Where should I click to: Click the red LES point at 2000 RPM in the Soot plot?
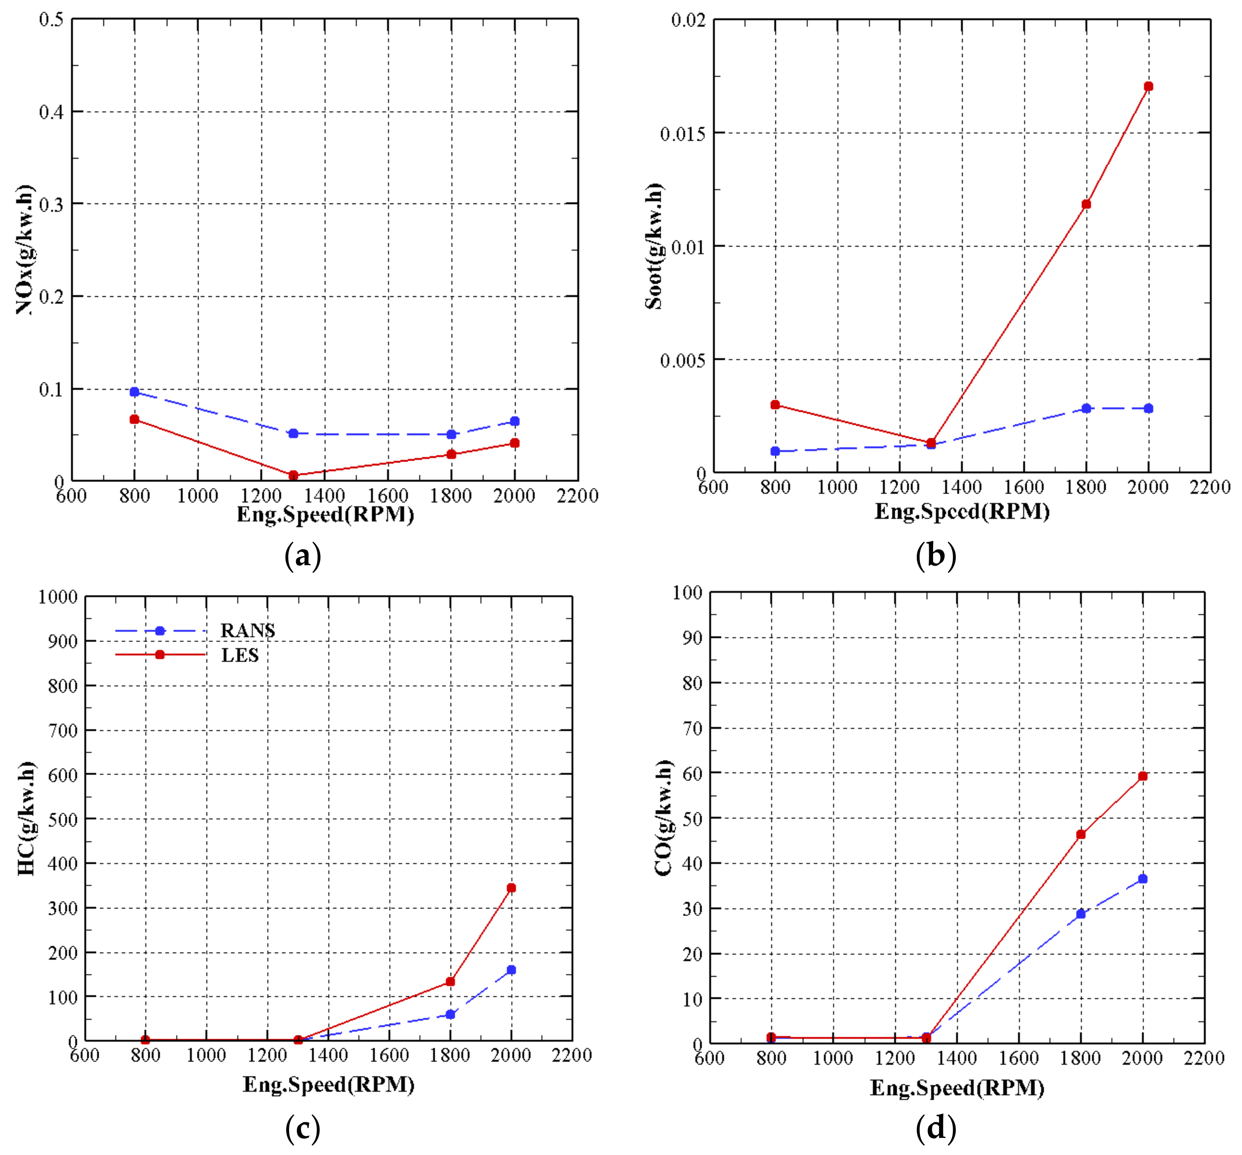[1148, 86]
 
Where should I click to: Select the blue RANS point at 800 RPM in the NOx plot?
[134, 392]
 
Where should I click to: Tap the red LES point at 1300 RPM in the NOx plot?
[293, 475]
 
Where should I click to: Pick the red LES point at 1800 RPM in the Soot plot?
[1086, 204]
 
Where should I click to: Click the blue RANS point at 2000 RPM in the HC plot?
[511, 970]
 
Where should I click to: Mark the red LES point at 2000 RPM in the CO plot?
[1142, 776]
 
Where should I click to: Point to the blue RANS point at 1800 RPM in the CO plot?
[1081, 914]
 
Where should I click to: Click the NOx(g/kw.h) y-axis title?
[26, 250]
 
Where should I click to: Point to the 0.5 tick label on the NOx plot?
[51, 20]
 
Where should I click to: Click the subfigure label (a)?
[303, 556]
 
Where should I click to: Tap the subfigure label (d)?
[935, 1129]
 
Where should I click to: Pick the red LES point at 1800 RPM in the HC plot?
[450, 982]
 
